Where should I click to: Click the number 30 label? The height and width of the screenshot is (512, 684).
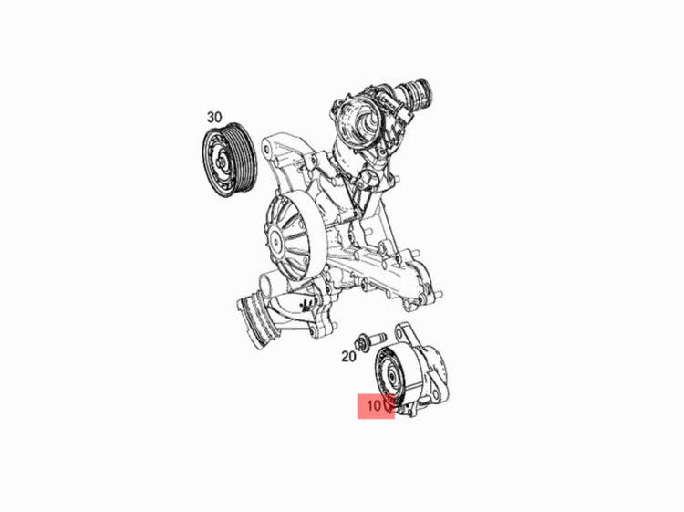click(x=214, y=117)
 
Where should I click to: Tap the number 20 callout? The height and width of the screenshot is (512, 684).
click(x=348, y=357)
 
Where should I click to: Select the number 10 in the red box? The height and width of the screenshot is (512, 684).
click(x=374, y=406)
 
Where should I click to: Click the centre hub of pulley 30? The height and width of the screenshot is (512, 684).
click(x=223, y=162)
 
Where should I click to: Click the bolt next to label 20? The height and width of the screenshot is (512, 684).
click(x=370, y=340)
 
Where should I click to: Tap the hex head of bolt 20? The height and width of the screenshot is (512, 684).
click(x=361, y=341)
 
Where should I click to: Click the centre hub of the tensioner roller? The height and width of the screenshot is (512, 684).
click(x=391, y=375)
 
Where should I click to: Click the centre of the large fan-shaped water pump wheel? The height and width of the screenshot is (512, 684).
click(x=275, y=240)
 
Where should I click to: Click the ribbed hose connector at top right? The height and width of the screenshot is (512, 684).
click(x=420, y=92)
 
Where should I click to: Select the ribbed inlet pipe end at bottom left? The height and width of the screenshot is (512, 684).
click(x=252, y=320)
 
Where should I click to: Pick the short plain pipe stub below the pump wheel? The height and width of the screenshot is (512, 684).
click(x=266, y=285)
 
